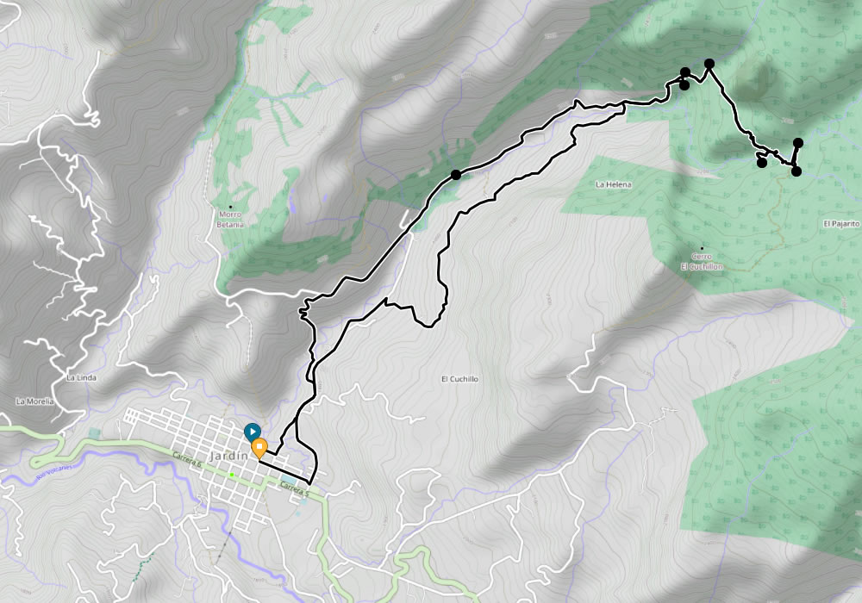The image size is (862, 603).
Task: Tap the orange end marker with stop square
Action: [x=259, y=446]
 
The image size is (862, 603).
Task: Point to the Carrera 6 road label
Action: [x=186, y=460]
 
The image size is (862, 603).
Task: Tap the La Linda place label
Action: [x=81, y=378]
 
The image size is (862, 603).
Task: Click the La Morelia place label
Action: [x=34, y=401]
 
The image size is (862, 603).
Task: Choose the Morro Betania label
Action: [x=231, y=219]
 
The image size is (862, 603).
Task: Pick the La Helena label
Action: [x=614, y=184]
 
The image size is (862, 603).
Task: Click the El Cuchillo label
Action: [x=459, y=379]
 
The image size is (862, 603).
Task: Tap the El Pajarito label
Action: [x=840, y=224]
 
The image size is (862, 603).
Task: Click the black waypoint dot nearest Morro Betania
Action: [x=455, y=175]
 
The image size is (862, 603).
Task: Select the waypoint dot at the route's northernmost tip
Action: [x=709, y=64]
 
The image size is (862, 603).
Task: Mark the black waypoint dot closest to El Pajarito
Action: [x=796, y=171]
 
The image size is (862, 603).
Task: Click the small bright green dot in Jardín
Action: [x=232, y=474]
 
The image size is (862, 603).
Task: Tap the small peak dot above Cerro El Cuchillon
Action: [x=702, y=248]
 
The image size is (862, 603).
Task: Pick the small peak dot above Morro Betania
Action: [x=230, y=206]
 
